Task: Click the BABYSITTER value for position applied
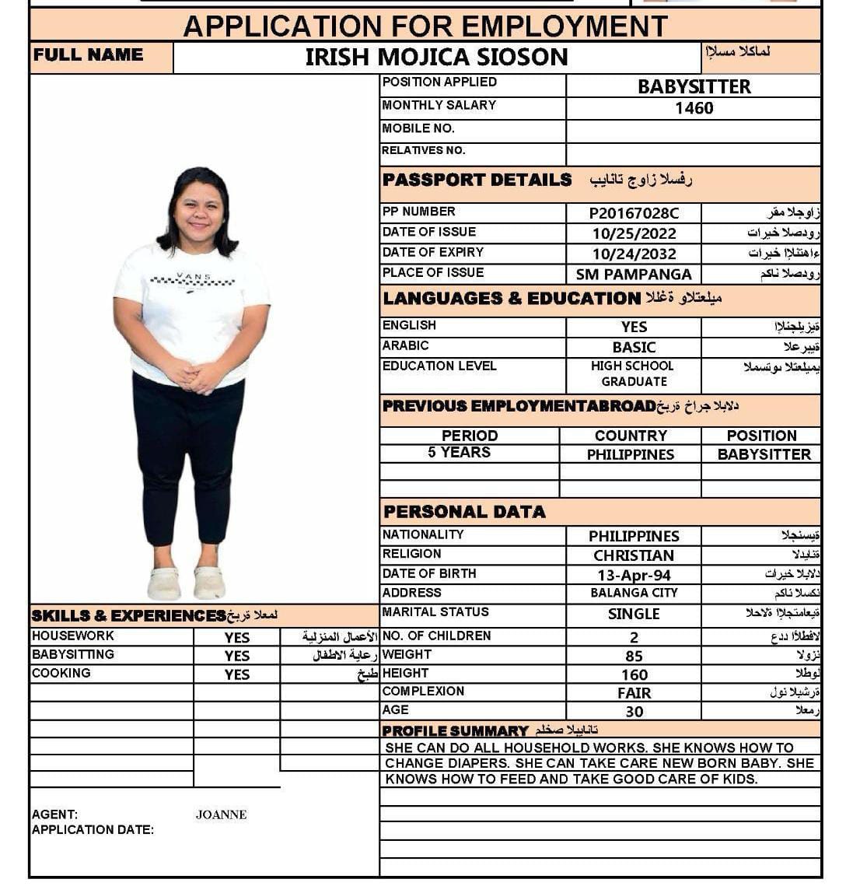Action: pyautogui.click(x=694, y=86)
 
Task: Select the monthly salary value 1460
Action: pyautogui.click(x=694, y=108)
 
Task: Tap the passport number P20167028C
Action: pyautogui.click(x=634, y=213)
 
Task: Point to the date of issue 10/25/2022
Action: pyautogui.click(x=634, y=233)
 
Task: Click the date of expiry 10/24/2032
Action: pyautogui.click(x=634, y=254)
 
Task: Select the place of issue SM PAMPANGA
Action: pyautogui.click(x=634, y=275)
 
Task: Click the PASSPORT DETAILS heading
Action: pyautogui.click(x=477, y=180)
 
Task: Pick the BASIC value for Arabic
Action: pyautogui.click(x=634, y=347)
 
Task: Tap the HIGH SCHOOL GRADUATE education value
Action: pyautogui.click(x=634, y=373)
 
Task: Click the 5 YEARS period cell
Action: pyautogui.click(x=459, y=453)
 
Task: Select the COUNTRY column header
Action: pyautogui.click(x=631, y=436)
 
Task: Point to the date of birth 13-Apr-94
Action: pyautogui.click(x=634, y=576)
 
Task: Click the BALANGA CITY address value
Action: pyautogui.click(x=634, y=594)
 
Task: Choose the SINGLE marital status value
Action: pyautogui.click(x=634, y=614)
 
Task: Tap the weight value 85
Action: pyautogui.click(x=634, y=656)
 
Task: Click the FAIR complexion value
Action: pyautogui.click(x=634, y=693)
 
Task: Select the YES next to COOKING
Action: pyautogui.click(x=237, y=675)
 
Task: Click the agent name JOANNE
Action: pyautogui.click(x=222, y=814)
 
